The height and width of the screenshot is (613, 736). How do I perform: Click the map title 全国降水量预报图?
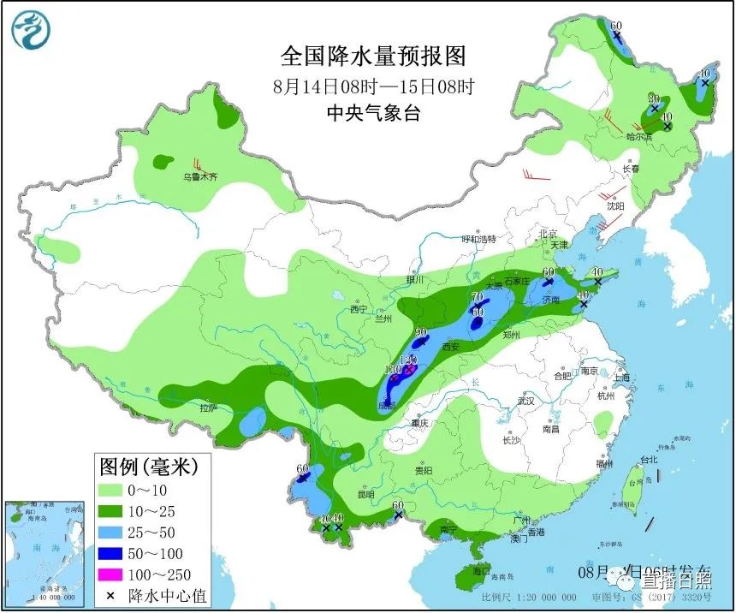[x=374, y=57]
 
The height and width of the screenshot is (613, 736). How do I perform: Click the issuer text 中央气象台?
[x=374, y=112]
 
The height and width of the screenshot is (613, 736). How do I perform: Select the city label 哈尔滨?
[x=639, y=136]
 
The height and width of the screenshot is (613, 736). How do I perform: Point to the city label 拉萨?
[x=210, y=408]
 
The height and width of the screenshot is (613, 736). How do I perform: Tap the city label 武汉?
[x=525, y=401]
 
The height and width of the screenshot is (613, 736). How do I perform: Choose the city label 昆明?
[x=365, y=495]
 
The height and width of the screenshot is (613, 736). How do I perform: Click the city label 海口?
[x=482, y=570]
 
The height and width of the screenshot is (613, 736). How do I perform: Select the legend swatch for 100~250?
[x=122, y=574]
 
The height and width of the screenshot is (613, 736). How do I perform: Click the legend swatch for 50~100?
[x=122, y=553]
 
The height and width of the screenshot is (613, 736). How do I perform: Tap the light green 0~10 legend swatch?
[x=122, y=490]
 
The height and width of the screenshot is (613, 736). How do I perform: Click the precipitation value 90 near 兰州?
[x=420, y=333]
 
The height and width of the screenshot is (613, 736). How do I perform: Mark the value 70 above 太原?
[x=477, y=297]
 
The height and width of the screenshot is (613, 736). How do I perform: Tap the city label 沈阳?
[x=615, y=206]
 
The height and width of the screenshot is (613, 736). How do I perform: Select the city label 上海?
[x=621, y=378]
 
